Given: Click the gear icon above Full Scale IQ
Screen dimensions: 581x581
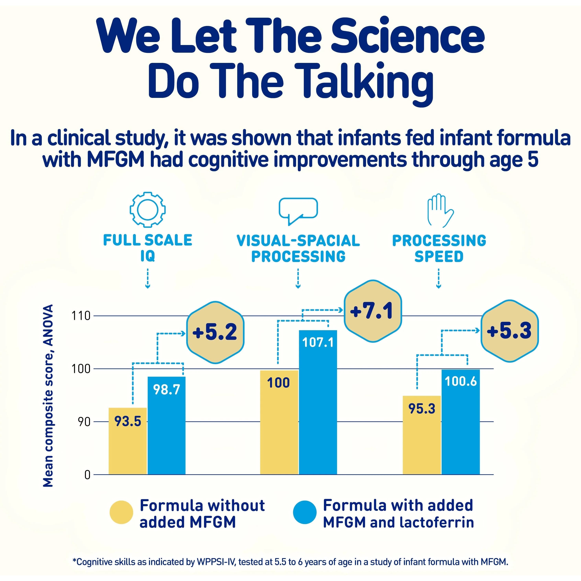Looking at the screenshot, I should (147, 209).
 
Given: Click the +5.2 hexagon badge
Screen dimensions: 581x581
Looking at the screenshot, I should (215, 332).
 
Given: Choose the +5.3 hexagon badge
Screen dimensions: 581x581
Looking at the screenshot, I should (509, 331).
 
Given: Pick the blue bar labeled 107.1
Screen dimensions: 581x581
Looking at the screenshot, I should (318, 403).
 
